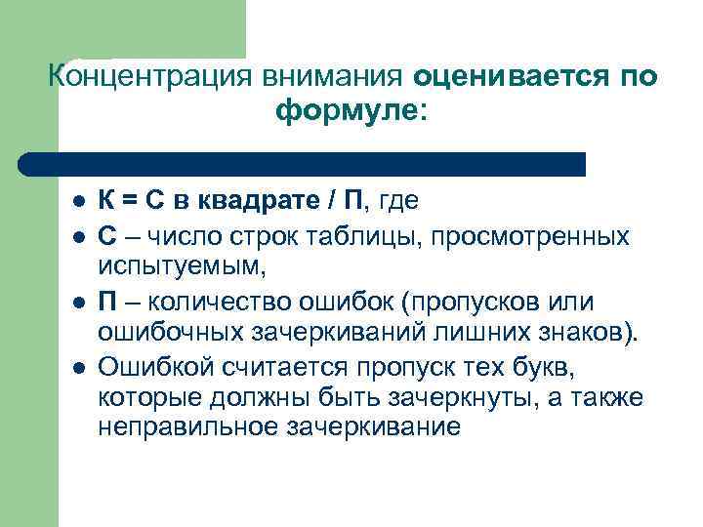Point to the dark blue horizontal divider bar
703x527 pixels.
(x=303, y=164)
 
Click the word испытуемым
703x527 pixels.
(x=182, y=266)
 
